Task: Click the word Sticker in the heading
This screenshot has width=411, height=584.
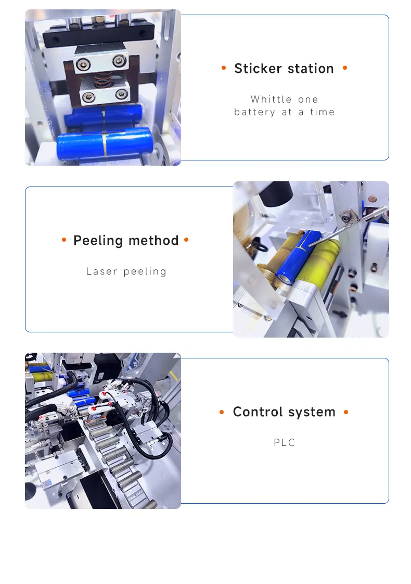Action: [x=258, y=69]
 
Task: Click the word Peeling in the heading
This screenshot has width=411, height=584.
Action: [x=97, y=241]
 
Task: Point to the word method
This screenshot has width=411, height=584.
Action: [x=153, y=241]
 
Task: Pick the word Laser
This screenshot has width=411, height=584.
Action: [x=102, y=271]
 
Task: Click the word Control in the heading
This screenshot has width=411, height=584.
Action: [x=256, y=412]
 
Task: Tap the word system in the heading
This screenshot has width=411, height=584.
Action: [x=312, y=412]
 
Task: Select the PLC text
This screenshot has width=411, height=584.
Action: [x=285, y=443]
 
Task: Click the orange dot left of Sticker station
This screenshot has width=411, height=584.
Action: [x=224, y=68]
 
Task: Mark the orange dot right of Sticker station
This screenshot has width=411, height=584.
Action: [x=345, y=68]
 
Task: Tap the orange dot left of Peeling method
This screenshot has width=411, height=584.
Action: [x=64, y=240]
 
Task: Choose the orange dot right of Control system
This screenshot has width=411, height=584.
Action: [x=346, y=412]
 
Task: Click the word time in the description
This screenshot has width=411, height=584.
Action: [x=323, y=112]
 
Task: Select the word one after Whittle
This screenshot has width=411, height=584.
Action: [x=308, y=100]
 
